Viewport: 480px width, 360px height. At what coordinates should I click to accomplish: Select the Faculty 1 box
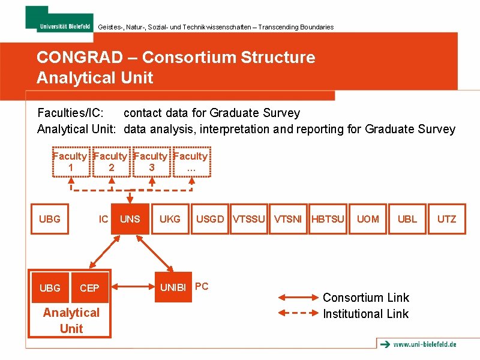click(71, 162)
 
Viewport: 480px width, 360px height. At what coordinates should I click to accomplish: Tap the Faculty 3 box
click(151, 162)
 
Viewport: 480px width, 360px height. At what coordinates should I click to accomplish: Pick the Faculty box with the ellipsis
click(191, 162)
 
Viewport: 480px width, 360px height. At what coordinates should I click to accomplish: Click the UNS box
click(130, 219)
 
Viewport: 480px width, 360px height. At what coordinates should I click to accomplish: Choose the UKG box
click(170, 219)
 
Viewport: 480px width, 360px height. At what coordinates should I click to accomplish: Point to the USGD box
click(210, 219)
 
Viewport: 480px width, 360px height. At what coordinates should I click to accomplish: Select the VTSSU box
click(249, 219)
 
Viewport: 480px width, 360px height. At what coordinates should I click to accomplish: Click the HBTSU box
click(328, 219)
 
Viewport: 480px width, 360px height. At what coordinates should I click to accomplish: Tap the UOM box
click(368, 219)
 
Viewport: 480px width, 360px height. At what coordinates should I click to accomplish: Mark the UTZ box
click(446, 219)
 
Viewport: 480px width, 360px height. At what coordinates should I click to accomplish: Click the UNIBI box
click(173, 287)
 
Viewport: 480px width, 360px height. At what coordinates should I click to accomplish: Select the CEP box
click(89, 288)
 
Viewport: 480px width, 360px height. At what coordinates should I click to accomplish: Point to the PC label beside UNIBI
click(202, 286)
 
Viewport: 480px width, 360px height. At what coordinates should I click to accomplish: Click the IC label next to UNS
click(104, 219)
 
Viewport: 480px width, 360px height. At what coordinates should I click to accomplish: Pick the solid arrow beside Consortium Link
click(298, 296)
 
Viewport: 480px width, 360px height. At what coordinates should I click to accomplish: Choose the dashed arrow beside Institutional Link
click(298, 313)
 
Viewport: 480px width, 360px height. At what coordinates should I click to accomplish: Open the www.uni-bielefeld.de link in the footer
click(424, 344)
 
